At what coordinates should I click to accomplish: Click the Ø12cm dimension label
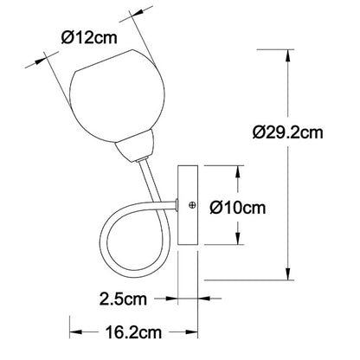coord(89,38)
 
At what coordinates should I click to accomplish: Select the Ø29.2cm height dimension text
coord(287,132)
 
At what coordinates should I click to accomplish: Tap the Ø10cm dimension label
coord(238,208)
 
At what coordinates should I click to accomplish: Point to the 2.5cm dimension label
coord(123,299)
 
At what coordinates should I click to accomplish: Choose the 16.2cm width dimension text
coord(133,332)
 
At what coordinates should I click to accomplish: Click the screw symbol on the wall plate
coord(192,205)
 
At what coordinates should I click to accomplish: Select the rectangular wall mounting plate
coord(188,205)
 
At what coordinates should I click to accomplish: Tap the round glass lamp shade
coord(118,96)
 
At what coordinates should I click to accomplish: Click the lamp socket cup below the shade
coord(135,146)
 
